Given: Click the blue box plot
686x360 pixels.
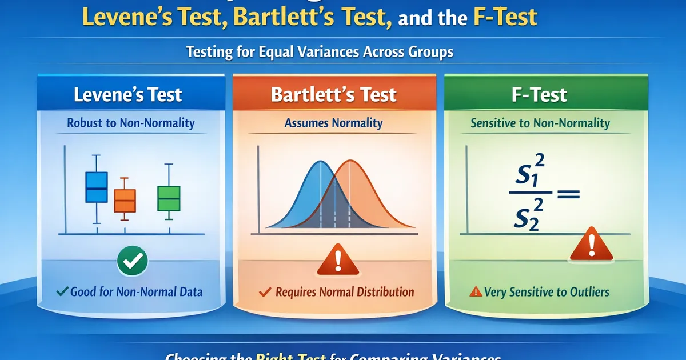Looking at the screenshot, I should (96, 187).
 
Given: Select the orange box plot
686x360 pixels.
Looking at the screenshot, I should (125, 200).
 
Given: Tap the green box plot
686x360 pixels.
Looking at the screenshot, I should (169, 198).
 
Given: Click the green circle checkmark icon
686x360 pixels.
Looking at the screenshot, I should (133, 261).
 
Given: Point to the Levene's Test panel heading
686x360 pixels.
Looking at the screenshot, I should (127, 94).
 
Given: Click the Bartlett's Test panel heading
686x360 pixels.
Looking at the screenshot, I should (333, 94).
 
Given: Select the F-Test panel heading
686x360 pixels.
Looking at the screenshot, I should (539, 94).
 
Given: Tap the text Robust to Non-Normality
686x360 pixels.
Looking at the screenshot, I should (130, 123).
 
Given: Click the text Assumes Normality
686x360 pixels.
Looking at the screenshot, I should (334, 123).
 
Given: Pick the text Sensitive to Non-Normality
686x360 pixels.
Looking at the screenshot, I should (540, 123).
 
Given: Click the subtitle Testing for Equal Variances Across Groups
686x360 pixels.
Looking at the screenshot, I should (320, 52).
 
